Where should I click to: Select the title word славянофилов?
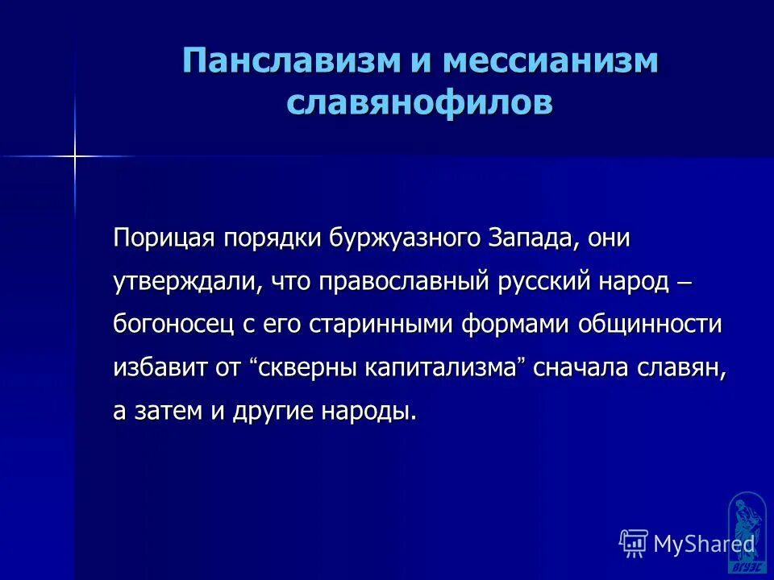(x=420, y=104)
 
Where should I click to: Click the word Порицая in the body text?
(x=164, y=239)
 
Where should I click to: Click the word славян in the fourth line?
(x=688, y=368)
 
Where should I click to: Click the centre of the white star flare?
(x=74, y=155)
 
